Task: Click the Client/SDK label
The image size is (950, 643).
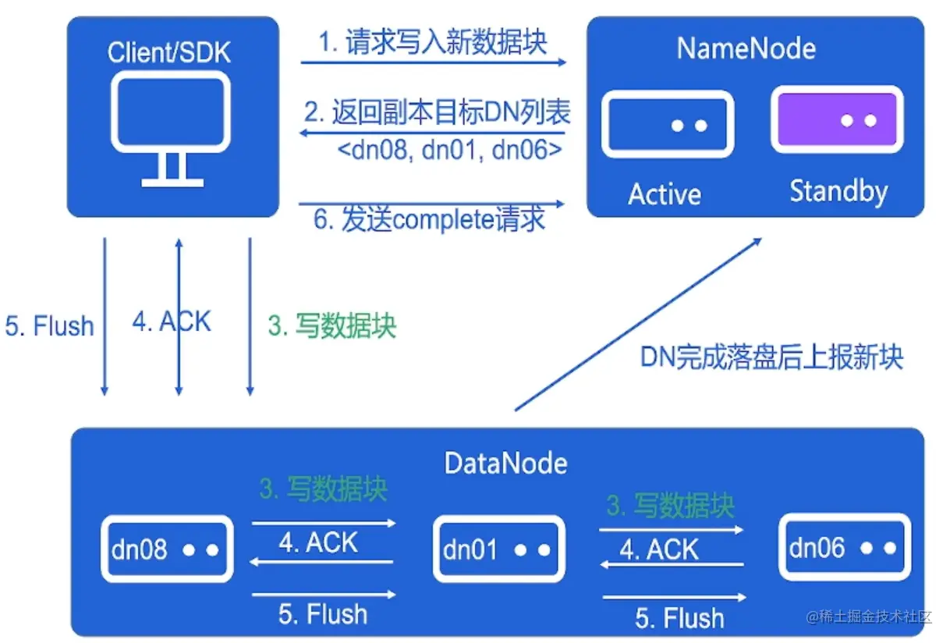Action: click(x=169, y=52)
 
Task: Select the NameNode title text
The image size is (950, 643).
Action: click(x=746, y=48)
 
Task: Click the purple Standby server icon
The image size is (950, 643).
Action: click(x=837, y=120)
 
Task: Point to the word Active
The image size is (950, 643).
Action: click(x=665, y=194)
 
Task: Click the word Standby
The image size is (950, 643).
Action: click(x=838, y=191)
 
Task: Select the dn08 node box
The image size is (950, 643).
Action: click(x=167, y=549)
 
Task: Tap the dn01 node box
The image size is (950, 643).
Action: click(x=499, y=549)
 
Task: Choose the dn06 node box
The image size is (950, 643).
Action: click(x=845, y=548)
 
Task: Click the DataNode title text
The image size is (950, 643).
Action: click(x=505, y=464)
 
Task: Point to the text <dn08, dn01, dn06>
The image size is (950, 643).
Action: click(x=450, y=148)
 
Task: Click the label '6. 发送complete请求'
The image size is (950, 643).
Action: click(x=429, y=220)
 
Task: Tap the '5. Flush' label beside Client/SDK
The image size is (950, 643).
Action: click(x=49, y=325)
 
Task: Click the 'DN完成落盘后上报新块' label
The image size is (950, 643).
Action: click(x=771, y=357)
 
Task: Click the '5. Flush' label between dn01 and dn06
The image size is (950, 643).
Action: click(x=679, y=619)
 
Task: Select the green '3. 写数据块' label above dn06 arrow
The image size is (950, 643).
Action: click(x=671, y=506)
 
